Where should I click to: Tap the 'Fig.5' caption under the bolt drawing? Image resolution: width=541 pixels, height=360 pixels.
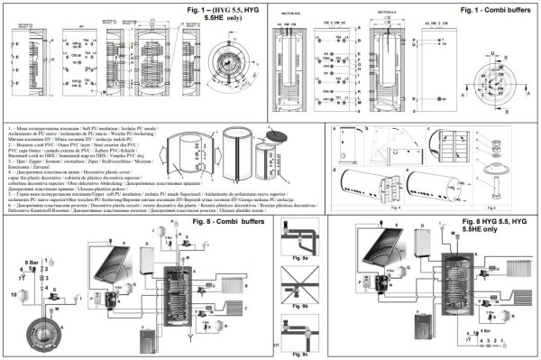pos(503,208)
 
